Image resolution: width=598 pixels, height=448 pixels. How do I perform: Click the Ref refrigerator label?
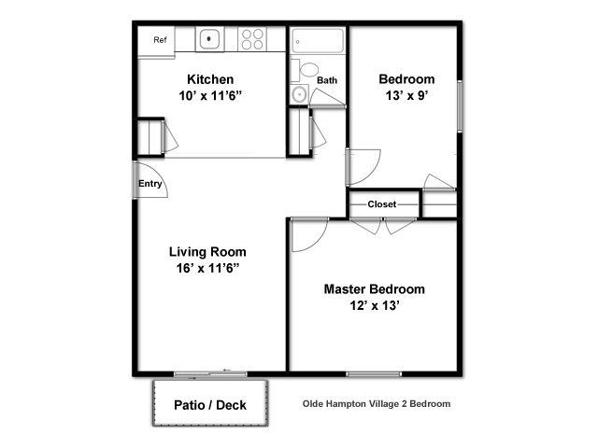tap(160, 39)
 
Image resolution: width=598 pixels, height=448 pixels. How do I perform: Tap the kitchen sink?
tap(209, 38)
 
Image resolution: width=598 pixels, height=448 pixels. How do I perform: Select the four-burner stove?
tap(252, 39)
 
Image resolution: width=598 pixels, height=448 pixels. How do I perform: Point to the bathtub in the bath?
tap(318, 40)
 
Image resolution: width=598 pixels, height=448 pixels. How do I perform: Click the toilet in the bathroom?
tap(306, 71)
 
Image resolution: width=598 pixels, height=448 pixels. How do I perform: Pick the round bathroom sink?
tap(300, 93)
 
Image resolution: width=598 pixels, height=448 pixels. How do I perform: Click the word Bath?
tap(327, 80)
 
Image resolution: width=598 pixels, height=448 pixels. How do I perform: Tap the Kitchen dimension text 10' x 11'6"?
tap(210, 95)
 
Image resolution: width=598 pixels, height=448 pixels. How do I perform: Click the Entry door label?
tap(149, 184)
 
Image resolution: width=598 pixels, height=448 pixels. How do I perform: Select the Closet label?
tap(382, 204)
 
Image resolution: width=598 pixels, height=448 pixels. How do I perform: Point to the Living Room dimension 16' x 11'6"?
tap(207, 268)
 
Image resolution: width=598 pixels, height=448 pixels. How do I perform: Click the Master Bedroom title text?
tap(374, 289)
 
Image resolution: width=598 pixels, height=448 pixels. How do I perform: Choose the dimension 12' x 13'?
tap(375, 305)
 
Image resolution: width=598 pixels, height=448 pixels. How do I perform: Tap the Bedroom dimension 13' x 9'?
tap(406, 95)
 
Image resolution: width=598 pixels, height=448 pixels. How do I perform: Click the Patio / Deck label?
tap(210, 405)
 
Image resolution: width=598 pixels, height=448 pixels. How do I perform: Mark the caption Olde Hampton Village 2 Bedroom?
tap(377, 404)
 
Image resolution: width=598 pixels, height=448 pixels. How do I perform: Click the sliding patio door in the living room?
tap(210, 373)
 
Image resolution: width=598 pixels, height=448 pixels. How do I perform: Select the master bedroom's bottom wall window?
tap(374, 374)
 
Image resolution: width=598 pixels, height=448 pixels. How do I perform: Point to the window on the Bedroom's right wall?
tap(460, 106)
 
